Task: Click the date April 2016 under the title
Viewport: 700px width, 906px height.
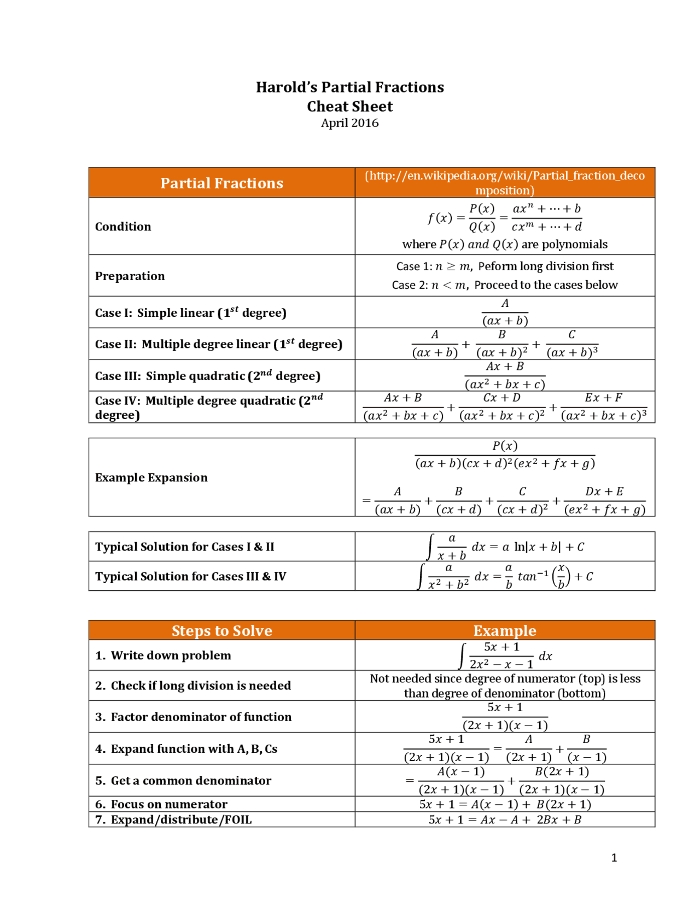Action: tap(349, 123)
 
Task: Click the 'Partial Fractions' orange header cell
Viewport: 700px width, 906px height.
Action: tap(221, 183)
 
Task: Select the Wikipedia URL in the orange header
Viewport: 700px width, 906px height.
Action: tap(504, 183)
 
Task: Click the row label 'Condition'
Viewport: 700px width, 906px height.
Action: tap(123, 226)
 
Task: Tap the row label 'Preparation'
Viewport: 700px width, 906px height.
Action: tap(130, 276)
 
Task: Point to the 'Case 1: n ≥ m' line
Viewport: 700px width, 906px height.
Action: tap(504, 266)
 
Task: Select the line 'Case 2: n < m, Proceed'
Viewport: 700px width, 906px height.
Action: tap(504, 285)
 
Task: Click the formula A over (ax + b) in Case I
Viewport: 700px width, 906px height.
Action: tap(505, 312)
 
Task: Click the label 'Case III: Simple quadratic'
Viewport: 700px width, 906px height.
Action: tap(207, 376)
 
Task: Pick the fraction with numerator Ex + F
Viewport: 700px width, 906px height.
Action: tap(604, 407)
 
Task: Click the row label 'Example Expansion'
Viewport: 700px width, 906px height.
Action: tap(151, 478)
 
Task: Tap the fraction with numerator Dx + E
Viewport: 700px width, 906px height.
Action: tap(604, 501)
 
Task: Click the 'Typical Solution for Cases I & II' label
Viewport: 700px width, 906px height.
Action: tap(185, 547)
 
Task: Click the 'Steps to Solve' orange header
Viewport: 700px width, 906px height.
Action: tap(221, 630)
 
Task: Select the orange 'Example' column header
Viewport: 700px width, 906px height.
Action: tap(504, 630)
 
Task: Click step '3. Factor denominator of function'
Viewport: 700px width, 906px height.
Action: tap(201, 717)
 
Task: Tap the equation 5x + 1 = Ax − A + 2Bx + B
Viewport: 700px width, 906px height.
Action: tap(504, 820)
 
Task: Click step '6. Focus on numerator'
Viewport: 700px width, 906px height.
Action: tap(168, 804)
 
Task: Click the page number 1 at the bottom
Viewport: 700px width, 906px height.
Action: tap(614, 858)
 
